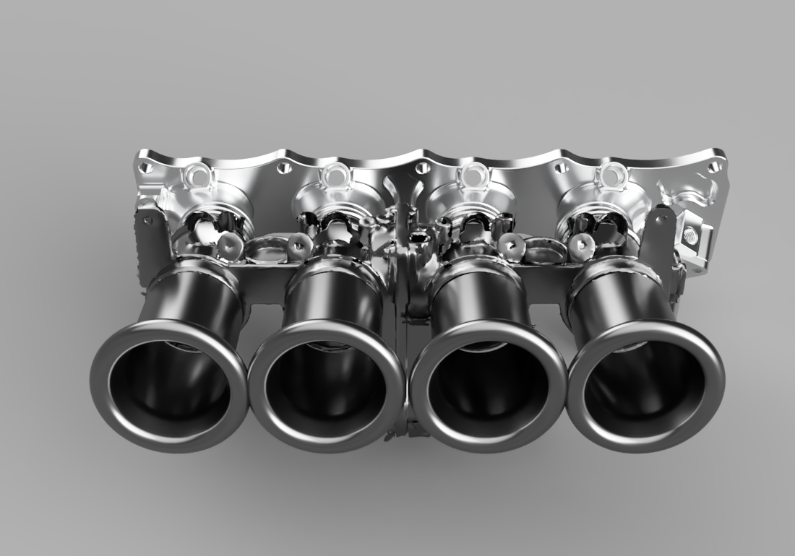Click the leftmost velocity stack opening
coord(169,386)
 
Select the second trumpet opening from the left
coord(327,386)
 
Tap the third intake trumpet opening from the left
coord(489,386)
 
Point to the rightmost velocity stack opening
coord(645,386)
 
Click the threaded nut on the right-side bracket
coord(689,233)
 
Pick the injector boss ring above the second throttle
coord(335,174)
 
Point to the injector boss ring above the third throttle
coord(472,174)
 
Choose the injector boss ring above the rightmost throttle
coord(611,175)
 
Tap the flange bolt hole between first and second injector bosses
coord(284,168)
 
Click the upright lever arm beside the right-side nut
coord(659,238)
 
